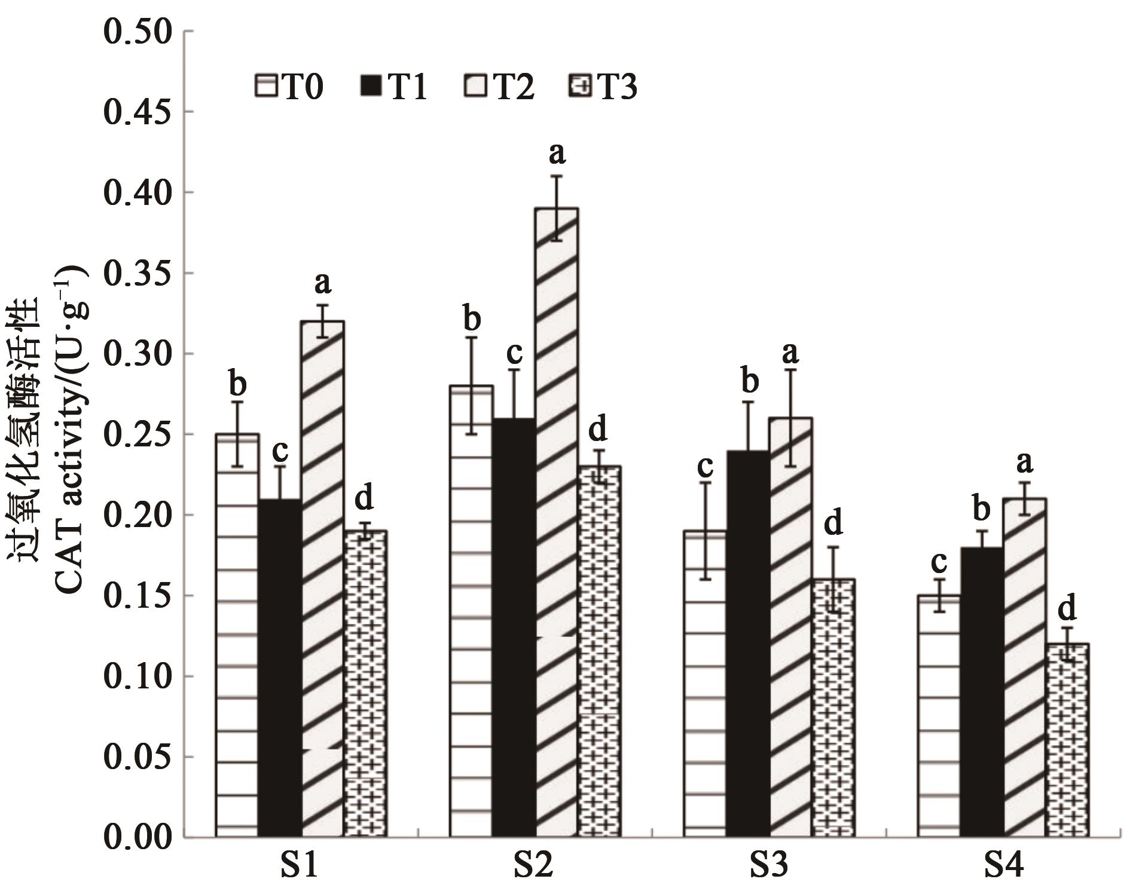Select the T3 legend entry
(601, 88)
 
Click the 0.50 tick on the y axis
(138, 31)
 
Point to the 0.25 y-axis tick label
(138, 434)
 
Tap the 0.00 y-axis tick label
(138, 837)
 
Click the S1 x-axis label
(299, 866)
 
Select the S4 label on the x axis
(1004, 866)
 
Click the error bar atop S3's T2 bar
(790, 418)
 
